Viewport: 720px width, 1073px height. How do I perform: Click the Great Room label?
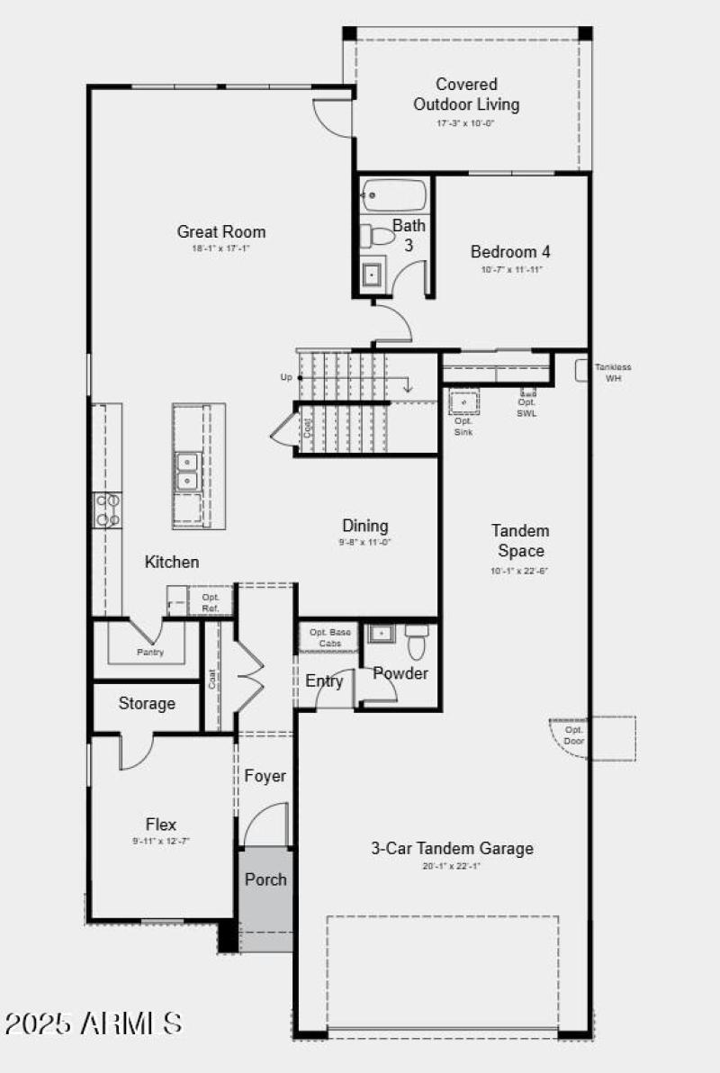click(x=221, y=232)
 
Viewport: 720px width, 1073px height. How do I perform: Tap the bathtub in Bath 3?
click(x=394, y=194)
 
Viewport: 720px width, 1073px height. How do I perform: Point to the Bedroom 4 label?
click(x=510, y=252)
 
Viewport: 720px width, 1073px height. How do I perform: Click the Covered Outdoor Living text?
click(x=466, y=95)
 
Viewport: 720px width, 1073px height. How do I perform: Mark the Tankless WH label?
click(x=613, y=373)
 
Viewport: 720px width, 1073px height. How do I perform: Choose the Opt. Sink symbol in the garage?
click(x=464, y=402)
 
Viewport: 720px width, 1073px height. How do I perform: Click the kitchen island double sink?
click(x=186, y=472)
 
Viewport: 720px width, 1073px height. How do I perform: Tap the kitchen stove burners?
click(x=108, y=509)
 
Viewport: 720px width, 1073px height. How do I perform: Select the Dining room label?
click(x=364, y=526)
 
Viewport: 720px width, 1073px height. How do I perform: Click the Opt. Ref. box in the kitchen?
click(x=211, y=602)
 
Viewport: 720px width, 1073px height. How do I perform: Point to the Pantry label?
click(x=150, y=652)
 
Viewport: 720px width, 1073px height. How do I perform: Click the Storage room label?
click(x=147, y=703)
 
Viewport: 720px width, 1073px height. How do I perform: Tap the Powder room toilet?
click(x=416, y=642)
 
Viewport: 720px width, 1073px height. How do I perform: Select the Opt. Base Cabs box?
click(x=328, y=637)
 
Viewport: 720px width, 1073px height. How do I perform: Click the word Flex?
click(x=161, y=824)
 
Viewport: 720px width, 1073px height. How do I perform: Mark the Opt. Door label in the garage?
click(x=574, y=735)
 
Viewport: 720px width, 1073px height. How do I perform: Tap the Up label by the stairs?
click(x=286, y=377)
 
